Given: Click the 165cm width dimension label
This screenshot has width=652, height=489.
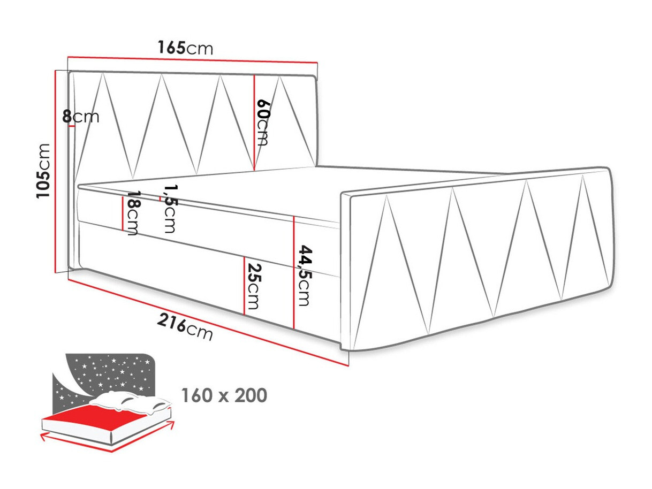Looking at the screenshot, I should (x=185, y=48).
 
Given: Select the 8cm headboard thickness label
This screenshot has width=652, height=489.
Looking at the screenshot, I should (x=81, y=116).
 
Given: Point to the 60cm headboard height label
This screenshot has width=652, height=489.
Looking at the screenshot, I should (x=262, y=123).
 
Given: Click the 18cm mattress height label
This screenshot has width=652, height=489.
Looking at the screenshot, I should (x=132, y=213).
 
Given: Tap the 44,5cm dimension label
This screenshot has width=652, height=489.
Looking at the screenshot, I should (x=303, y=276).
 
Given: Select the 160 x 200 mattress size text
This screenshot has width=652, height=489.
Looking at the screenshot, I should (x=224, y=396).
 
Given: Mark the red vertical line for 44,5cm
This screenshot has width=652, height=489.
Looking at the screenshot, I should (x=294, y=273).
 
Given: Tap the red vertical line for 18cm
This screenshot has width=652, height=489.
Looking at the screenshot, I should (x=123, y=211).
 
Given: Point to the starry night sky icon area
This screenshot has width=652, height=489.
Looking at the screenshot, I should (x=107, y=375).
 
